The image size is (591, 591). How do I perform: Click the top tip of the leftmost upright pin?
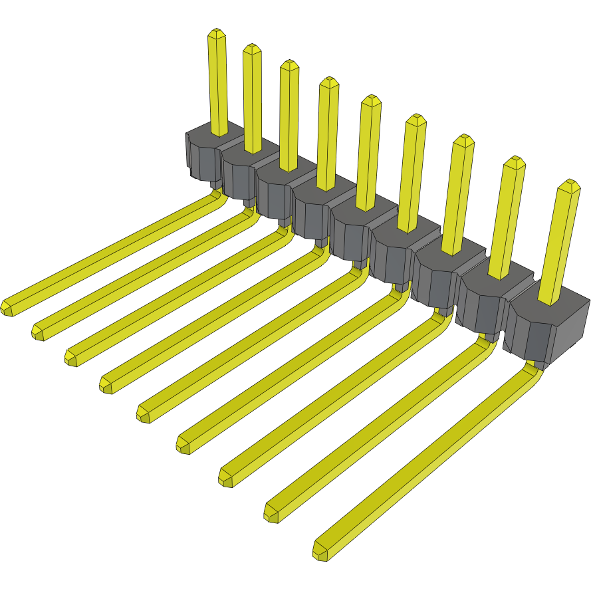[x=216, y=33]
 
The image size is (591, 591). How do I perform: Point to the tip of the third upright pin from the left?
[x=289, y=64]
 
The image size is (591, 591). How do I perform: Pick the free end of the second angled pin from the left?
[x=39, y=332]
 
